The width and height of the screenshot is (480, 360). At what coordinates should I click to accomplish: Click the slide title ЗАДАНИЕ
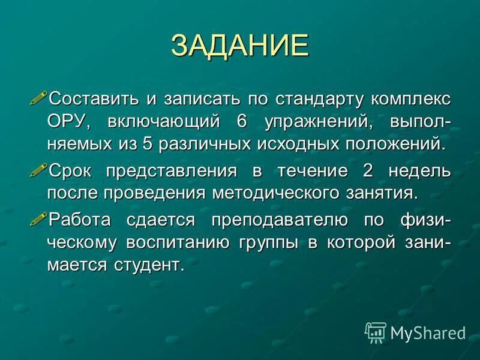(x=239, y=46)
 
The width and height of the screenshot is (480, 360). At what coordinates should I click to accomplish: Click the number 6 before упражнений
(x=242, y=121)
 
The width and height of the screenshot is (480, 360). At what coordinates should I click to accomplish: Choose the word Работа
(x=80, y=220)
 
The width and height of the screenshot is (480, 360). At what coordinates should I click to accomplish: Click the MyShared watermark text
(x=428, y=332)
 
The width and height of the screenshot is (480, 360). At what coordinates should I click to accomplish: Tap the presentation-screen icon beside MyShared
(x=375, y=332)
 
